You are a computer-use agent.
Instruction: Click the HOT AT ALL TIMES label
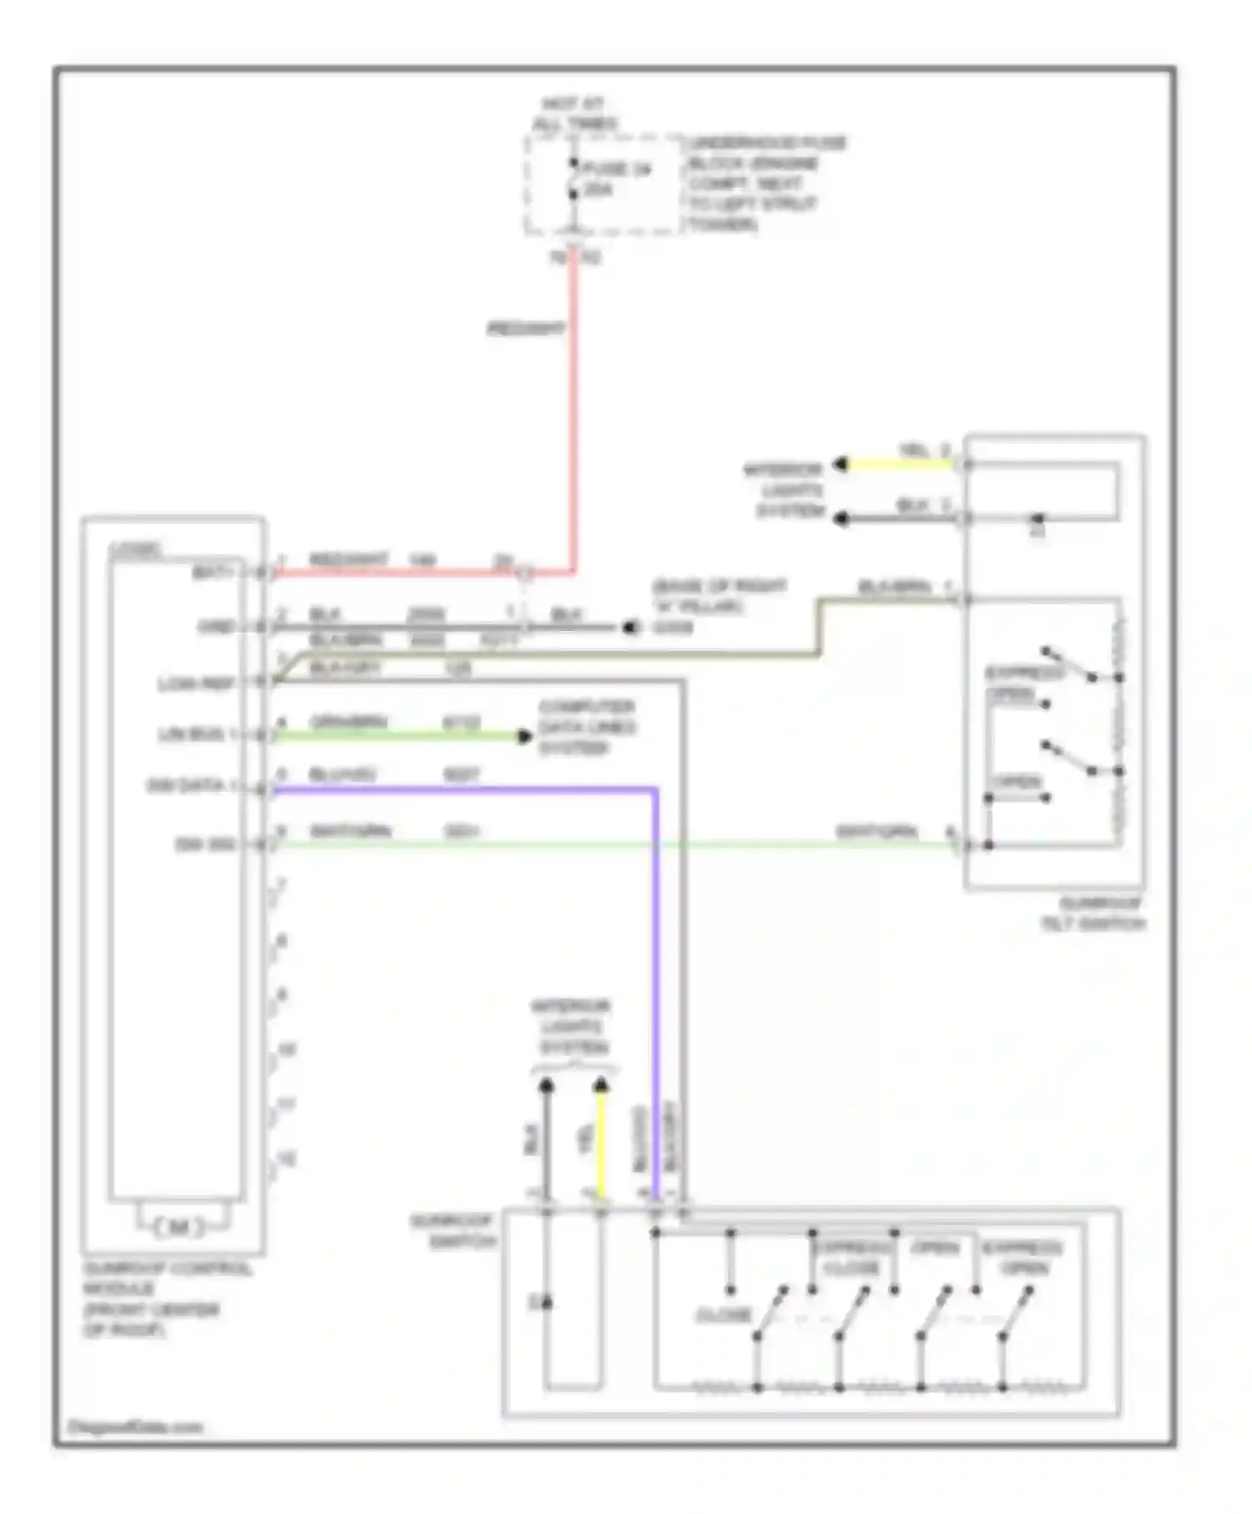[x=575, y=114]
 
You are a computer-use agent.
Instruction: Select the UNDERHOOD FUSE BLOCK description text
[x=765, y=184]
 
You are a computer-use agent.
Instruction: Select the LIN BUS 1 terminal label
[x=198, y=735]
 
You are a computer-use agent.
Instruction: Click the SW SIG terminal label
[x=205, y=845]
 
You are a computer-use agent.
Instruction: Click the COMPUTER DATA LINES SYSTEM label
[x=587, y=727]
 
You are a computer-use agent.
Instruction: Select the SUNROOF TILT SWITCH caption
[x=1092, y=914]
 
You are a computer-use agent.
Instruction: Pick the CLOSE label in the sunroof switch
[x=724, y=1315]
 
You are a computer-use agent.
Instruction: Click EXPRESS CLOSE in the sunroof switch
[x=852, y=1258]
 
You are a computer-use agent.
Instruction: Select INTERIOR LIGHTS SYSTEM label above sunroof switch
[x=573, y=1027]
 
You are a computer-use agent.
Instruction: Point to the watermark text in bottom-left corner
[x=135, y=1426]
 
